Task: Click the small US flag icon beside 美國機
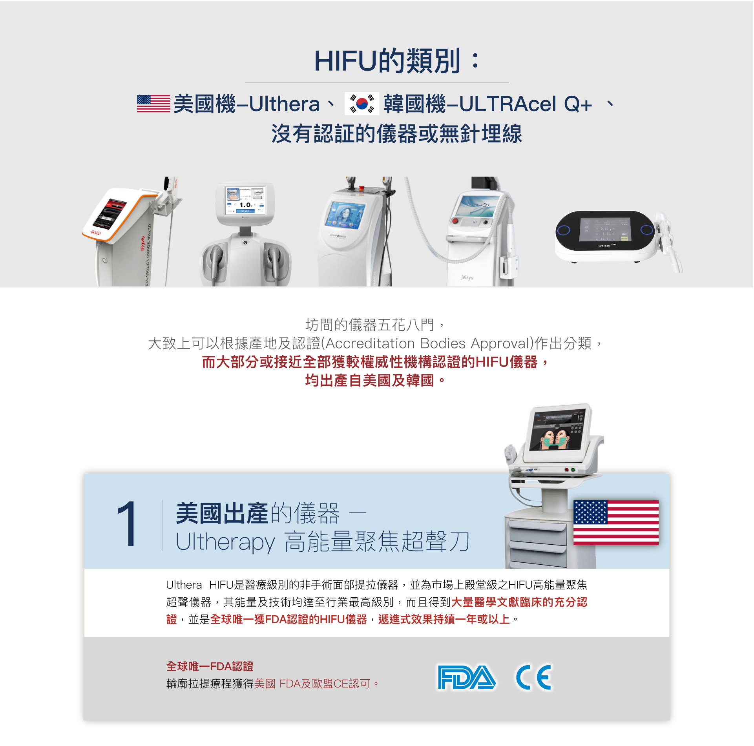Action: [153, 104]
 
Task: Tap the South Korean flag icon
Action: [361, 104]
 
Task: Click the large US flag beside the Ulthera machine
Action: [616, 522]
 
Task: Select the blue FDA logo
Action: [466, 677]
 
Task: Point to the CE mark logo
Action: [534, 677]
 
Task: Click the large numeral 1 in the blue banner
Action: [126, 524]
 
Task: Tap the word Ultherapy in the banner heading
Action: [225, 542]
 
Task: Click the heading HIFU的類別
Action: [397, 61]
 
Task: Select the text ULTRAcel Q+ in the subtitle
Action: [525, 104]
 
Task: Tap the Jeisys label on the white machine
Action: [467, 277]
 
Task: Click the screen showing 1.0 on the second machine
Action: [245, 200]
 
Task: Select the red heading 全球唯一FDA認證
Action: [210, 666]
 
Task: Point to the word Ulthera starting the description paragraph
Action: [184, 585]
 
